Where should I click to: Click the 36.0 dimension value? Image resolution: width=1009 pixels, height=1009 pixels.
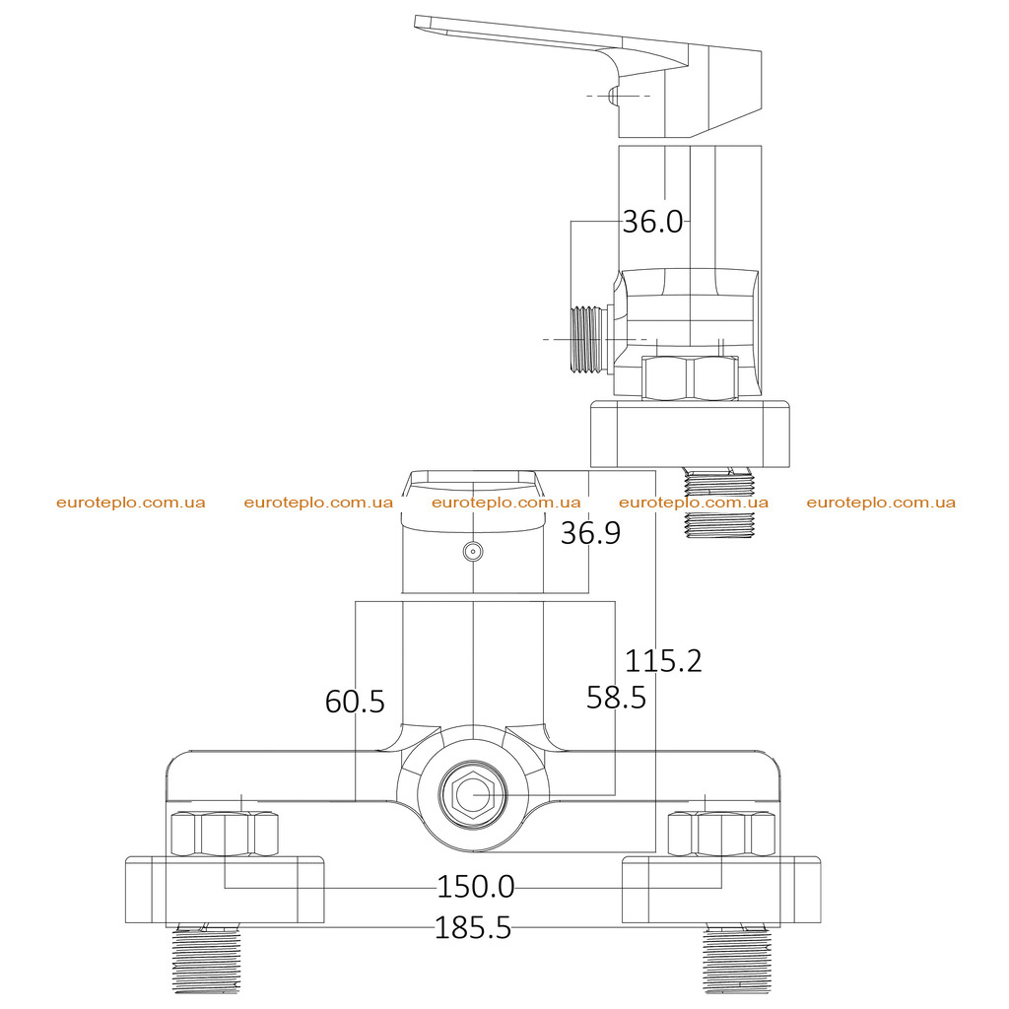[652, 222]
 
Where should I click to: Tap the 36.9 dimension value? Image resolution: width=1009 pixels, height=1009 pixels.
[590, 533]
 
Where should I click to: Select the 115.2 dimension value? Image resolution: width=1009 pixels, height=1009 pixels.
[663, 661]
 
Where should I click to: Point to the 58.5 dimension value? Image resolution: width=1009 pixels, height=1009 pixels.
[616, 698]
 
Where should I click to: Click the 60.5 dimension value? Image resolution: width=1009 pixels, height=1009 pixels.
[355, 702]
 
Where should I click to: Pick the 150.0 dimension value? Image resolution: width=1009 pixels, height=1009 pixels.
[476, 887]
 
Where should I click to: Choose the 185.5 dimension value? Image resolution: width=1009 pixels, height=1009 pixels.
[473, 928]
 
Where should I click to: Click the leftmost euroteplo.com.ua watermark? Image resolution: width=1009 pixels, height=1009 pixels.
[131, 503]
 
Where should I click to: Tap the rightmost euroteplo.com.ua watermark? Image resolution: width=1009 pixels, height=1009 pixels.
[881, 503]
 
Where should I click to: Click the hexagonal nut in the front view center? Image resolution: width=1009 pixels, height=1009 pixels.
[473, 795]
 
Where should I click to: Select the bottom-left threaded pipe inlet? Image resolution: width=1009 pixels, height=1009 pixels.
[206, 959]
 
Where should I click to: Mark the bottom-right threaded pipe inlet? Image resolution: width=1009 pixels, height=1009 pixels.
[736, 959]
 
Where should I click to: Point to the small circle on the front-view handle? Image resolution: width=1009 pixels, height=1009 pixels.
[473, 552]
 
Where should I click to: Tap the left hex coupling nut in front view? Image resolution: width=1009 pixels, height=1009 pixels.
[225, 834]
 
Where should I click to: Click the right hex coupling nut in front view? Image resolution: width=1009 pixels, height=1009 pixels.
[721, 834]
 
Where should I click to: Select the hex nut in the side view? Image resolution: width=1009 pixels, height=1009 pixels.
[690, 378]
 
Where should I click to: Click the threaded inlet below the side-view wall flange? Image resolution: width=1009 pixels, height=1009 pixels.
[719, 503]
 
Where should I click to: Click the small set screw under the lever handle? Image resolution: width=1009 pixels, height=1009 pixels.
[613, 96]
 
